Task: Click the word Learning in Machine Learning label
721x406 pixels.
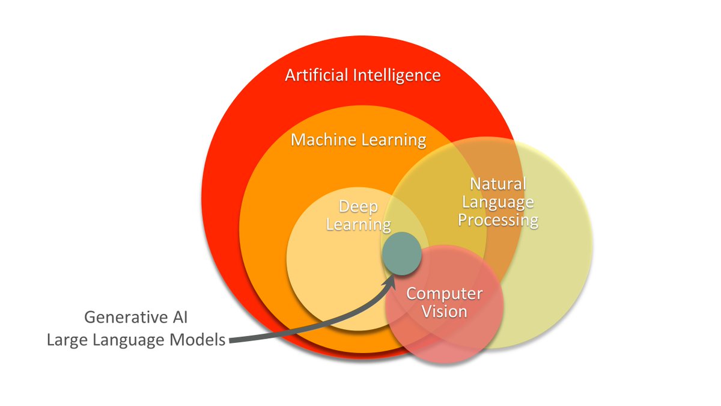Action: [394, 141]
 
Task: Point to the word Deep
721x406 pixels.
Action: [359, 208]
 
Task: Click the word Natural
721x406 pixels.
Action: [498, 184]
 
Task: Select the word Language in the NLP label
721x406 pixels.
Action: [498, 202]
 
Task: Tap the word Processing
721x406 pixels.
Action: [498, 220]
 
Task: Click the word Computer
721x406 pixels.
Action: [445, 294]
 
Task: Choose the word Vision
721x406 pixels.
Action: [445, 312]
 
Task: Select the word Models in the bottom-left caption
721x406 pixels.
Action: [198, 340]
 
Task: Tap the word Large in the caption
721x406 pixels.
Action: [65, 340]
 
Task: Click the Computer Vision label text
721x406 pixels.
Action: [445, 303]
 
